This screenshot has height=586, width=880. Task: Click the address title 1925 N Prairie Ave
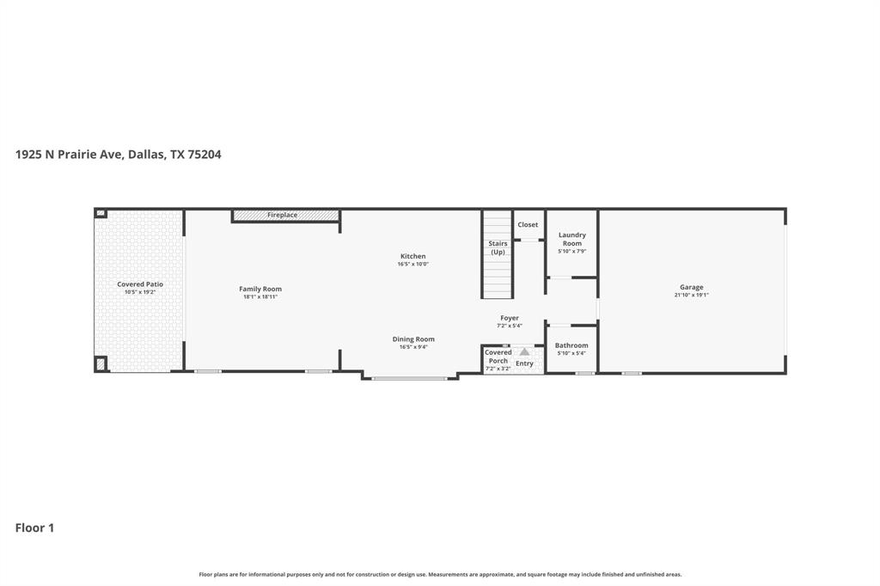click(118, 155)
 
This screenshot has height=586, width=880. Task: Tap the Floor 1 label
click(34, 528)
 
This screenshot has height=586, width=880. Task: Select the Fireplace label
click(282, 215)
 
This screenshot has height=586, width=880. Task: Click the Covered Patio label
click(140, 284)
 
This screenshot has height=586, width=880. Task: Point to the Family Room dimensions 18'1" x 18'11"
click(260, 296)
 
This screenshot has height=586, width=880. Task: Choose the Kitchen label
click(412, 256)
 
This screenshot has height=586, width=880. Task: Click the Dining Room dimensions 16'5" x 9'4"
click(413, 347)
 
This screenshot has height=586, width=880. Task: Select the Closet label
click(528, 224)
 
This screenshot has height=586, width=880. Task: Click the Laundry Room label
click(572, 239)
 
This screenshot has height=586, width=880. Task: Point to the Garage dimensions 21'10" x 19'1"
click(691, 295)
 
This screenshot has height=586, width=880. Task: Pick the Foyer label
click(510, 318)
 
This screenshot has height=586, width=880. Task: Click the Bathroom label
click(571, 345)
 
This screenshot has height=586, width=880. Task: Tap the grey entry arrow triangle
click(524, 351)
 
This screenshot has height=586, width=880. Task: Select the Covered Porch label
click(498, 357)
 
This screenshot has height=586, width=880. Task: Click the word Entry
click(524, 363)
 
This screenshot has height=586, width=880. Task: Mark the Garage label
click(691, 287)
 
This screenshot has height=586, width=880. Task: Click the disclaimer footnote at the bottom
click(440, 574)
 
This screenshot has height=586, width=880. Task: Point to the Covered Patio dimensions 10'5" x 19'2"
click(140, 292)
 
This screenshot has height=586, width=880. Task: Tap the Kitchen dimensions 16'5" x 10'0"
click(412, 265)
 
